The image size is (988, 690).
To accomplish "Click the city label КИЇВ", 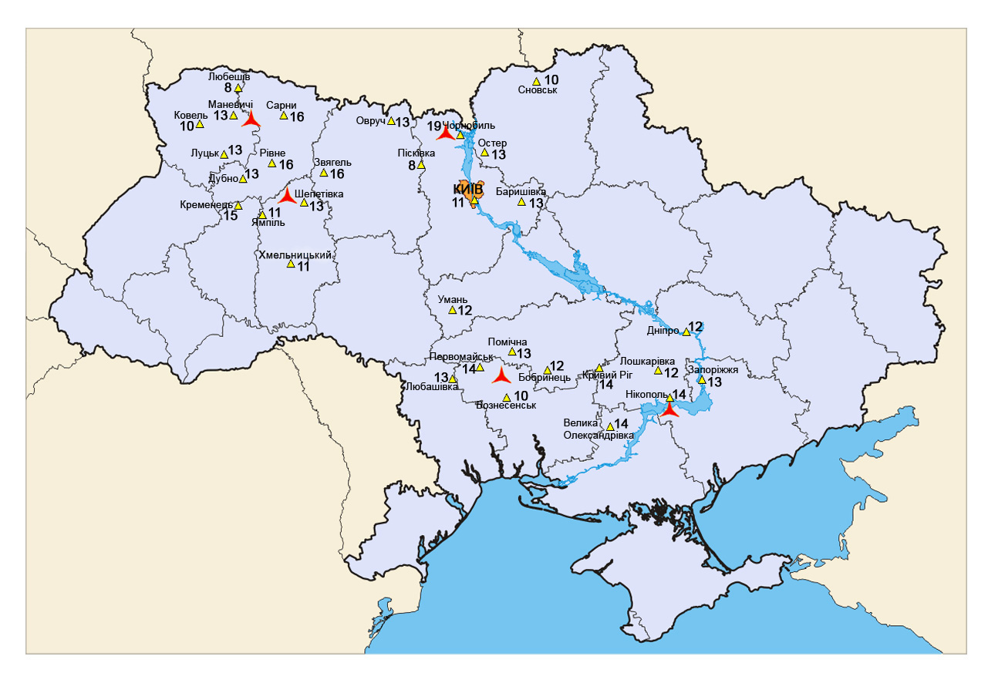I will tap(468, 189).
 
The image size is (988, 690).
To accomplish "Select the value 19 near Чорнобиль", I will tap(434, 126).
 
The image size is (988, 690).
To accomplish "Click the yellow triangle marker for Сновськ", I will tap(536, 81).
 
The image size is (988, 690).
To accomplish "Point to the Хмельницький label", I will tap(299, 254).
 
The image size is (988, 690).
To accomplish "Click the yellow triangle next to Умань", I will tap(452, 310).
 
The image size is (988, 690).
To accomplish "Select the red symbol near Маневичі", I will tap(250, 120).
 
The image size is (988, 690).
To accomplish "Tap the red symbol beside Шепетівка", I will tap(287, 197).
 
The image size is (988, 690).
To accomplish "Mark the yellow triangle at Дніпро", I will tap(686, 332).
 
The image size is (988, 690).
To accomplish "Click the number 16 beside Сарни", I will tap(297, 116).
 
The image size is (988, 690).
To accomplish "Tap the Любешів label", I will tap(229, 76).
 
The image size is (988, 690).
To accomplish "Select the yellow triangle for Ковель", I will tap(200, 124).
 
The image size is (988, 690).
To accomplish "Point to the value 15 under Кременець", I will tap(230, 216).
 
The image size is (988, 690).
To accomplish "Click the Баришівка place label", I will tap(521, 190).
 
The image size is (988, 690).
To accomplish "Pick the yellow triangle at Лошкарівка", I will tap(658, 372).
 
